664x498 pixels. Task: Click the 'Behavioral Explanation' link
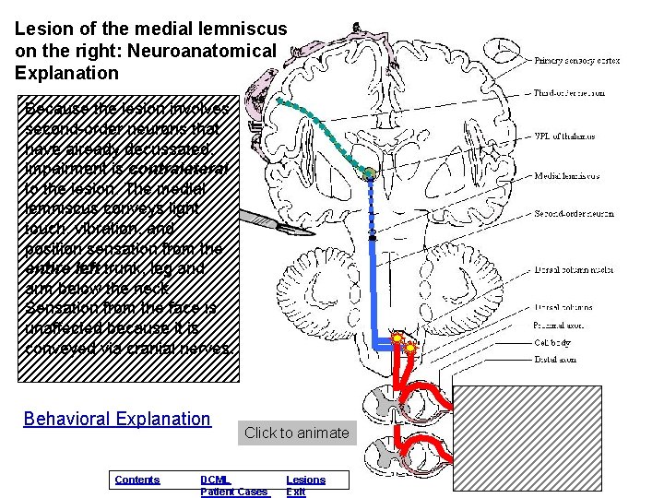pos(117,419)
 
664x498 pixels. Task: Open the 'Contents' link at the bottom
pos(136,480)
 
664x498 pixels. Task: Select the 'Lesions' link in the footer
pos(305,480)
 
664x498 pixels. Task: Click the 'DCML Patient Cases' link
pos(233,486)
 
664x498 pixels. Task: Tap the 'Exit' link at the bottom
pos(295,492)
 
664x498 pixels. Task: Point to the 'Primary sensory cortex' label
pos(577,61)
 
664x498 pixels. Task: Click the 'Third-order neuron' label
pos(569,92)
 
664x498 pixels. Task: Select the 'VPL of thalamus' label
pos(564,136)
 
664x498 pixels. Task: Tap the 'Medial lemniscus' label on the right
pos(566,175)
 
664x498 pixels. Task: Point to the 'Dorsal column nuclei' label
pos(574,270)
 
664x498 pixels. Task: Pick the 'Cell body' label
pos(553,342)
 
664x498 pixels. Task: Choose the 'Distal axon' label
pos(555,360)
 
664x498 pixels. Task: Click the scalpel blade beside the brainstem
pos(263,220)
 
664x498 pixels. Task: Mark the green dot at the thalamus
pos(368,172)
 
